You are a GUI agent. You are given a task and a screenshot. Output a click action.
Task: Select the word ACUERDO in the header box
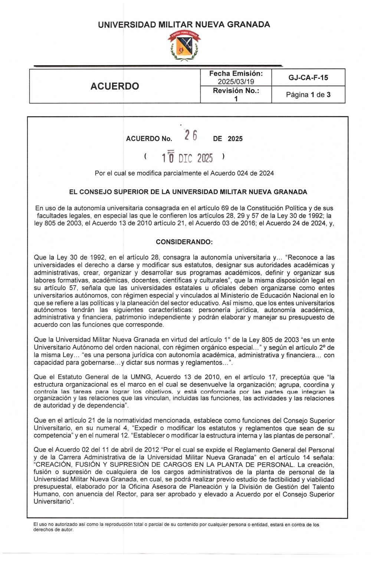click(x=115, y=86)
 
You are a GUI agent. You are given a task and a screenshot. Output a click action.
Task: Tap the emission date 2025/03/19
click(x=236, y=82)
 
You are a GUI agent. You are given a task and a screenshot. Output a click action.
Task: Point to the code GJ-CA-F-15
click(x=308, y=78)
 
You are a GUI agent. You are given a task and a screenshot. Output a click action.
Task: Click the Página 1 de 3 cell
click(x=308, y=95)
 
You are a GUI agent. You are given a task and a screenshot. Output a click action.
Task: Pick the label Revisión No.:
click(x=236, y=91)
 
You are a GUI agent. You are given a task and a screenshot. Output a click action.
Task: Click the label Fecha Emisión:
click(x=236, y=74)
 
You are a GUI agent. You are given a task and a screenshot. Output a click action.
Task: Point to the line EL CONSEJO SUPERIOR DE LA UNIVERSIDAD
click(x=188, y=192)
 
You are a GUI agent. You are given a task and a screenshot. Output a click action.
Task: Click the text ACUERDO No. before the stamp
click(x=149, y=139)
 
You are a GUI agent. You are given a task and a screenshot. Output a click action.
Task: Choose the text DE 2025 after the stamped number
click(x=228, y=139)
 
